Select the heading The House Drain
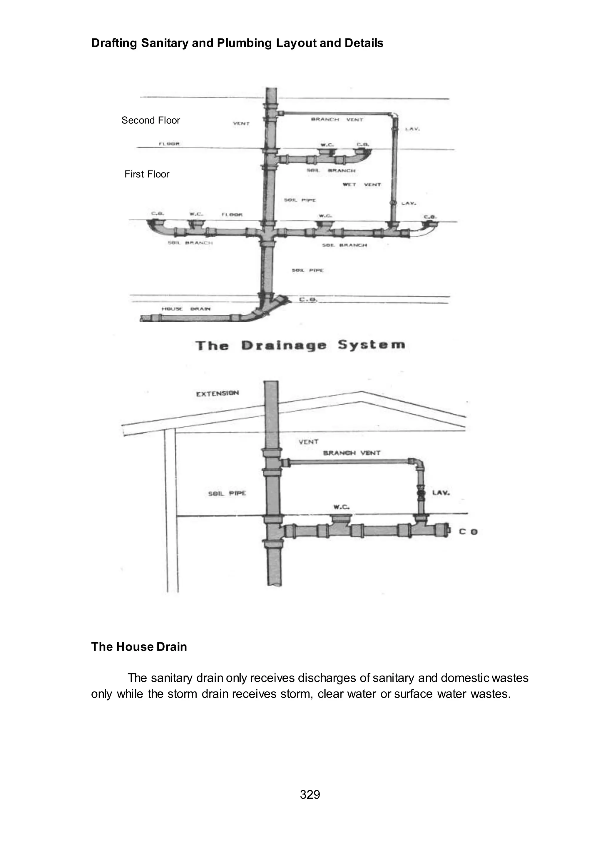click(x=139, y=646)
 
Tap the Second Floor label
click(x=150, y=120)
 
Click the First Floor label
click(x=147, y=174)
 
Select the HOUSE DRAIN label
click(x=186, y=309)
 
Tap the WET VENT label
click(x=362, y=184)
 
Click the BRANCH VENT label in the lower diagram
click(x=352, y=453)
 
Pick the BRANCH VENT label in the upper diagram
click(x=337, y=120)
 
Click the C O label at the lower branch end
click(x=468, y=532)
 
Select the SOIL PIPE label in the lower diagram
click(x=227, y=493)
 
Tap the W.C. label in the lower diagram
click(x=341, y=507)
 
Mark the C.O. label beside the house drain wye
click(x=308, y=299)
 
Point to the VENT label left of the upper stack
click(x=241, y=123)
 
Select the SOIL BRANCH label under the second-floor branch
click(x=331, y=170)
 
